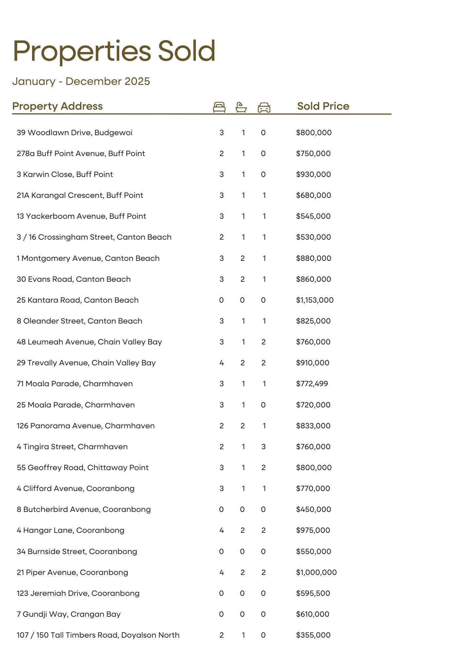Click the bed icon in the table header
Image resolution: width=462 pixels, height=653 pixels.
tap(219, 107)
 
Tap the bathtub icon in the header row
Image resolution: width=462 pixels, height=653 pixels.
tap(241, 107)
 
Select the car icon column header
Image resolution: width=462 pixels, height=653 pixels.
tap(264, 107)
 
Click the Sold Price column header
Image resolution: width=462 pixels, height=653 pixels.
tap(323, 106)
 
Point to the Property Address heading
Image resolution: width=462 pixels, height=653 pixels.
tap(58, 106)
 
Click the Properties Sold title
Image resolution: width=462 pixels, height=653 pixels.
tap(114, 51)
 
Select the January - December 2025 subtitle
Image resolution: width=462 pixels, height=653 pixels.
tap(81, 81)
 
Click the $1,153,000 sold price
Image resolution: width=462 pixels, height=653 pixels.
tap(315, 300)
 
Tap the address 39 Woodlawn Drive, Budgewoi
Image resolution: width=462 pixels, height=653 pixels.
tap(74, 133)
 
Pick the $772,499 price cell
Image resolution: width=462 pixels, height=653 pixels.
tap(312, 384)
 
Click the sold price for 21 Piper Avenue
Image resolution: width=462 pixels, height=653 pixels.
tap(316, 572)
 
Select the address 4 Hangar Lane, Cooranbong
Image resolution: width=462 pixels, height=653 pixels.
tap(71, 530)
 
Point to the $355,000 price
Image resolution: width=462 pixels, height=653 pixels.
tap(313, 635)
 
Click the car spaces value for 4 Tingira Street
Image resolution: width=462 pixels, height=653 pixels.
tap(264, 447)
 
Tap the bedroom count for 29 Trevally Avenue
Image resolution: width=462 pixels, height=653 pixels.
tap(222, 363)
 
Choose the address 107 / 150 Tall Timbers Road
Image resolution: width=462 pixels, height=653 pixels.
tap(98, 635)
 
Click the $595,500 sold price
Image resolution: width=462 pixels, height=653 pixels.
tap(313, 593)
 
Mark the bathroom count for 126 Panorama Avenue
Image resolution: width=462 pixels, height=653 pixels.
tap(242, 426)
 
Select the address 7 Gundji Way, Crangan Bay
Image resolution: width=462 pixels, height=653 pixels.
tap(69, 614)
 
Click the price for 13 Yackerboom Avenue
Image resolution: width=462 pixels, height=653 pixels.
tap(313, 216)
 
